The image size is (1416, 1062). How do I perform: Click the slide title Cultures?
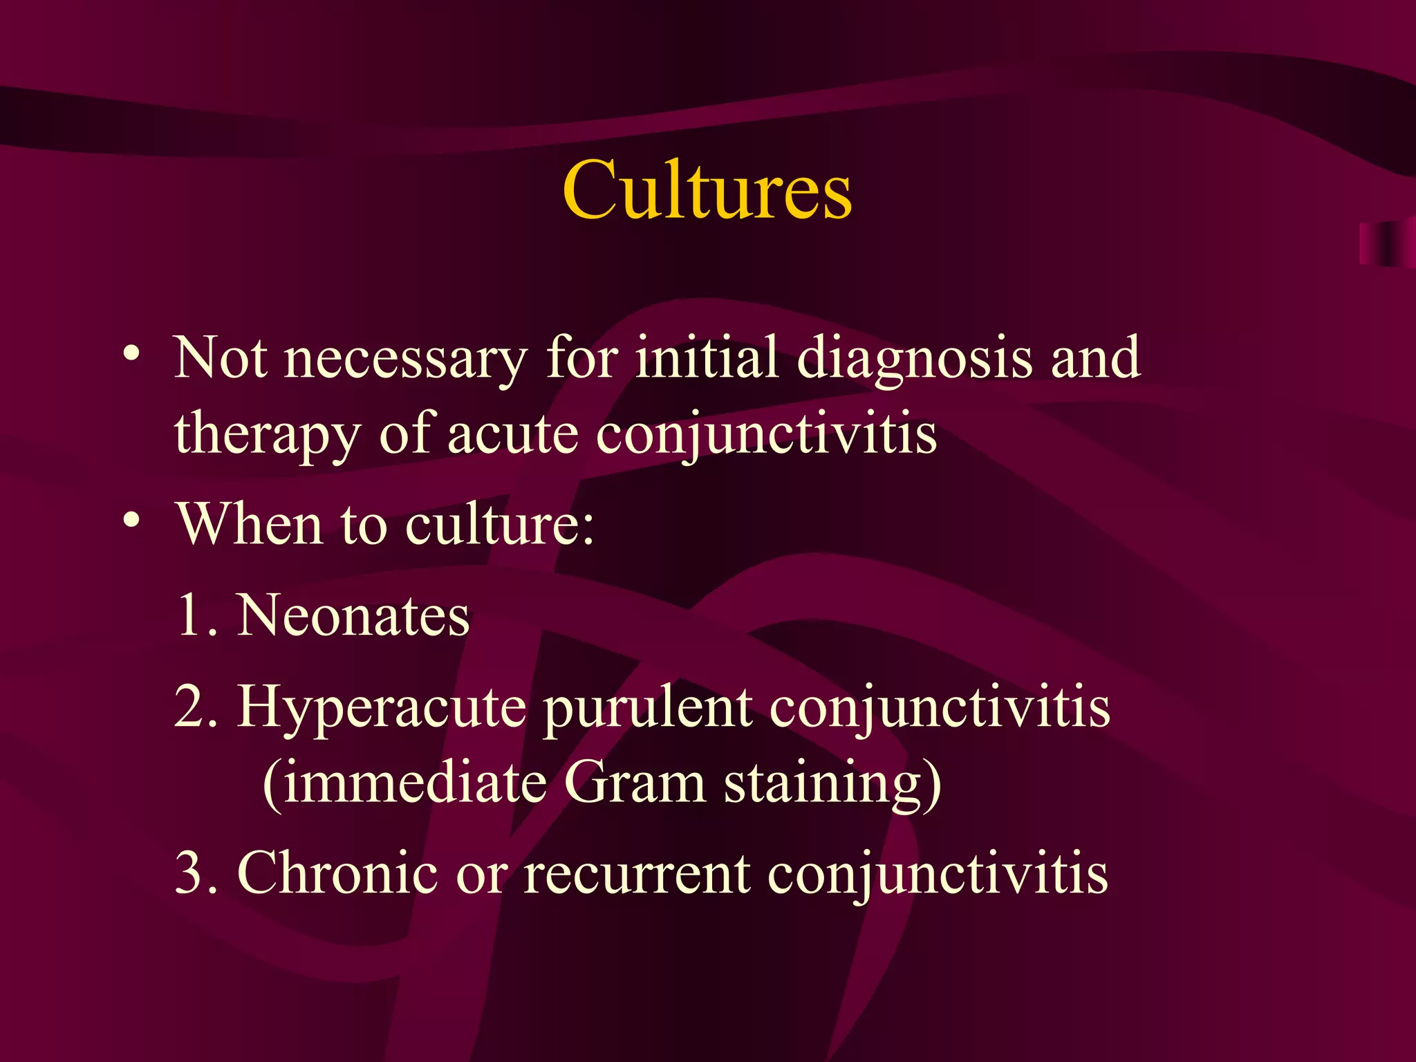707,190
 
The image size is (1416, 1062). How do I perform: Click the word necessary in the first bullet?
406,360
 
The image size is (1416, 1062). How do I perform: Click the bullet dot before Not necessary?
131,355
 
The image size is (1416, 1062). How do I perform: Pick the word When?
250,524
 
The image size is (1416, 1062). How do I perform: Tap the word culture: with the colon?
499,524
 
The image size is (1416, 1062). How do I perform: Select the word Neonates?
353,615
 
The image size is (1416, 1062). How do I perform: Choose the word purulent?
647,709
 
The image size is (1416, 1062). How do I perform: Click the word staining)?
832,785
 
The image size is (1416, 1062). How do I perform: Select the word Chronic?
337,873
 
